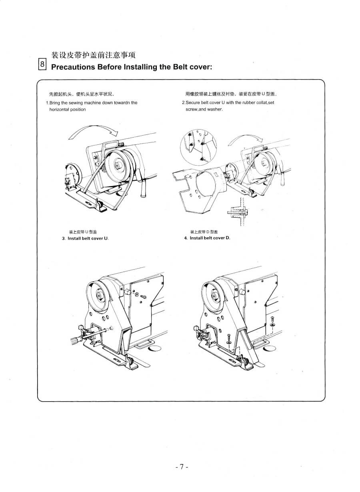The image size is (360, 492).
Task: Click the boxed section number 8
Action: point(42,64)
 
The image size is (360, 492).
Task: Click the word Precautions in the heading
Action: point(73,66)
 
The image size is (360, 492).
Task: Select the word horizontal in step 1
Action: point(58,109)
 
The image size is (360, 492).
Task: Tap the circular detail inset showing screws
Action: point(198,147)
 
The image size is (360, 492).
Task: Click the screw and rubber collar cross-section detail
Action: point(239,212)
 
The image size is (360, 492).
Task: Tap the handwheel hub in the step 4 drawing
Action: point(214,296)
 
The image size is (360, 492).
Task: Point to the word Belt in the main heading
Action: point(180,66)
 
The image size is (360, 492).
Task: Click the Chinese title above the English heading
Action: point(93,55)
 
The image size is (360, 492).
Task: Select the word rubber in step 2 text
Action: point(249,102)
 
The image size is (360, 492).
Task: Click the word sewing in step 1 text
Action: point(76,103)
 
